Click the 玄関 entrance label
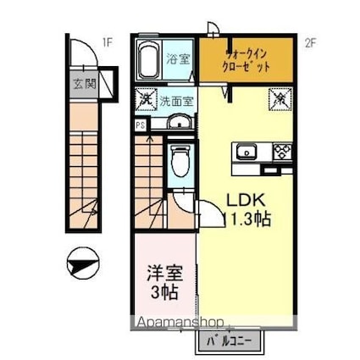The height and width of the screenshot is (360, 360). [82, 84]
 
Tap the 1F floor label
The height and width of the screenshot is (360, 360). [107, 41]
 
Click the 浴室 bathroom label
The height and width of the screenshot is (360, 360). [179, 59]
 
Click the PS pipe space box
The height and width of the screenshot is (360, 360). [139, 124]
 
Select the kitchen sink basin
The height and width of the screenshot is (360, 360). [246, 153]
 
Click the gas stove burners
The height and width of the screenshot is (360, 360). [280, 153]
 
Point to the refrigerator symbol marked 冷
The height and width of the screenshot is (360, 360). [279, 99]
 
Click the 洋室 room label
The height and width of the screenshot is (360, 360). [164, 276]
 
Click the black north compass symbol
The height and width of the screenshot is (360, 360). [83, 265]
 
